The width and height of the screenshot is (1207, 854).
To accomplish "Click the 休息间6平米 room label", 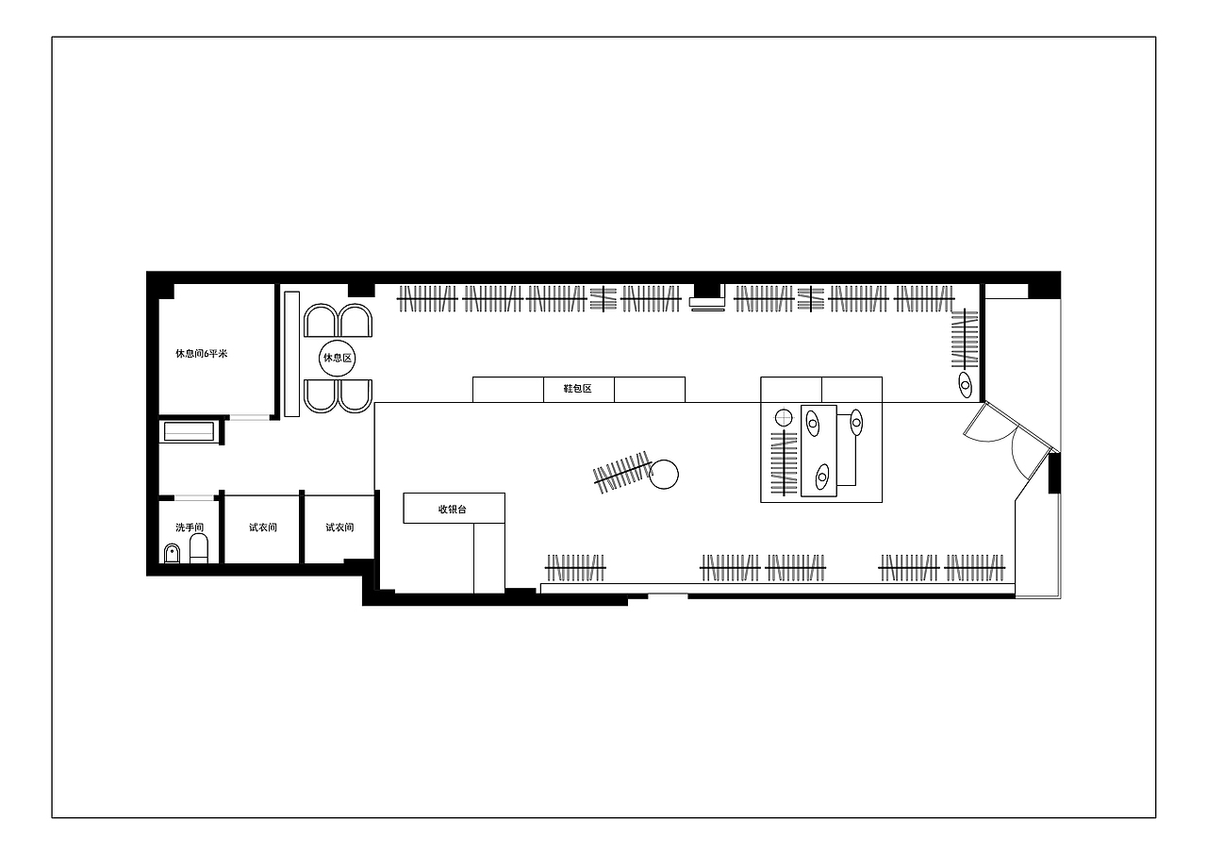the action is pos(202,354).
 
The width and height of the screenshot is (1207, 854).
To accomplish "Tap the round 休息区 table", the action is pos(338,358).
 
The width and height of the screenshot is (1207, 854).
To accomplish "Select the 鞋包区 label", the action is pos(578,388).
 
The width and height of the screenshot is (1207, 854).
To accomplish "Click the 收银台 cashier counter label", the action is pos(452,509).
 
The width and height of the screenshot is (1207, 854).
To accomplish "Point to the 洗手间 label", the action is pos(190,527).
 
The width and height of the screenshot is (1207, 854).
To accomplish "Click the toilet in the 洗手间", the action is pos(199,548).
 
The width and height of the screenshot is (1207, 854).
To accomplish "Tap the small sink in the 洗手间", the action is pos(172,554).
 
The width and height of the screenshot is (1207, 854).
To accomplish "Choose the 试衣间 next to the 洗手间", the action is pos(263,527).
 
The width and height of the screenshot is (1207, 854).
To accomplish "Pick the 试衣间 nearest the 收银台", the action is pos(339,527).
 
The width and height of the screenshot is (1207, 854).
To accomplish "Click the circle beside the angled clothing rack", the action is pos(664,475).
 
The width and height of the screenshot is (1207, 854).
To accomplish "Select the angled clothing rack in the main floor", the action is pos(622,472).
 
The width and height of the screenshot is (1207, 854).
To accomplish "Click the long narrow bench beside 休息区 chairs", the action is pos(291,354).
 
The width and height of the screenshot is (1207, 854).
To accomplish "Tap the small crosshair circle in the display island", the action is pos(784,418).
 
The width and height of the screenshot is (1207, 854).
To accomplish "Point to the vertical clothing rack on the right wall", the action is pos(965,338).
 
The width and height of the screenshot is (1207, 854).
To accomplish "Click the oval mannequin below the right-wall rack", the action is pos(965,385).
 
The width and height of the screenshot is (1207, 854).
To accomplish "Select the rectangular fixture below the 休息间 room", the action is pos(190,431).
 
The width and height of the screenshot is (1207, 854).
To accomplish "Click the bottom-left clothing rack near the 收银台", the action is pos(575,568).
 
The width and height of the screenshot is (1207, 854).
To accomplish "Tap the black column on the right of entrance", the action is pos(1054,474).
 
